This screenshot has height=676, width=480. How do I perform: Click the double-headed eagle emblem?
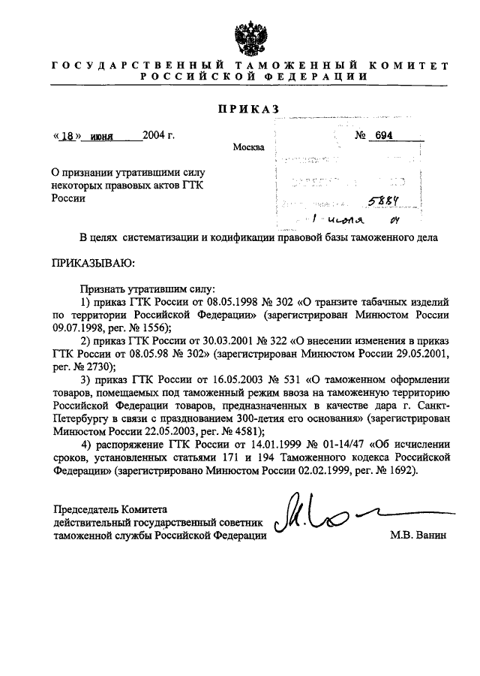pos(247,37)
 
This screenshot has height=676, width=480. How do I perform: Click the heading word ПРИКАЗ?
pos(247,110)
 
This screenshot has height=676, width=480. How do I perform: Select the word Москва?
pos(249,147)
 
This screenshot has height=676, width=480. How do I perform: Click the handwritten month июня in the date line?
pos(97,137)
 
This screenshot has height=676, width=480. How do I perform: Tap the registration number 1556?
pos(156,328)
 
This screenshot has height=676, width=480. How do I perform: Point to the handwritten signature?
pos(322,517)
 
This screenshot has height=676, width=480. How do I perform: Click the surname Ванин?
pos(430,536)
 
